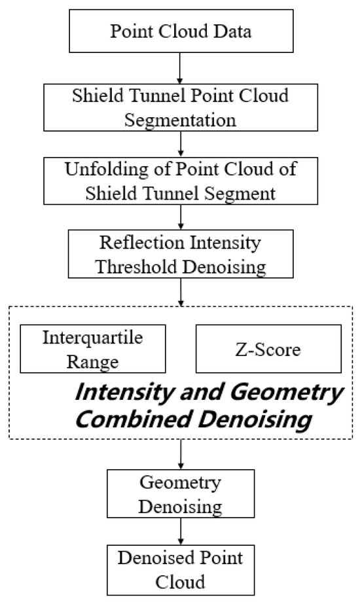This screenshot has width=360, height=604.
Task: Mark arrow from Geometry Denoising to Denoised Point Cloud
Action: tap(179, 529)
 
